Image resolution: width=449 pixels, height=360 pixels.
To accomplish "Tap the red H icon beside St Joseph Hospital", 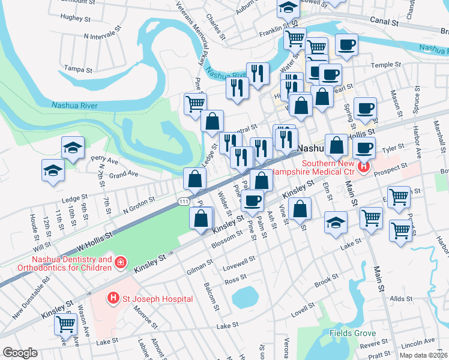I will point(112,298).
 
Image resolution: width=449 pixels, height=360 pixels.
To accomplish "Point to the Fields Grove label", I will point(352,333).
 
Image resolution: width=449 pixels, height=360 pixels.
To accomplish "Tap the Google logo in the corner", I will point(20,353).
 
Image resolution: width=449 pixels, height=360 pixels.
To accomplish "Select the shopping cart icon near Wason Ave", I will point(65,325).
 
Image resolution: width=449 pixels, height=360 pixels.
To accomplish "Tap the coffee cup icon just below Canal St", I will point(346,44).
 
